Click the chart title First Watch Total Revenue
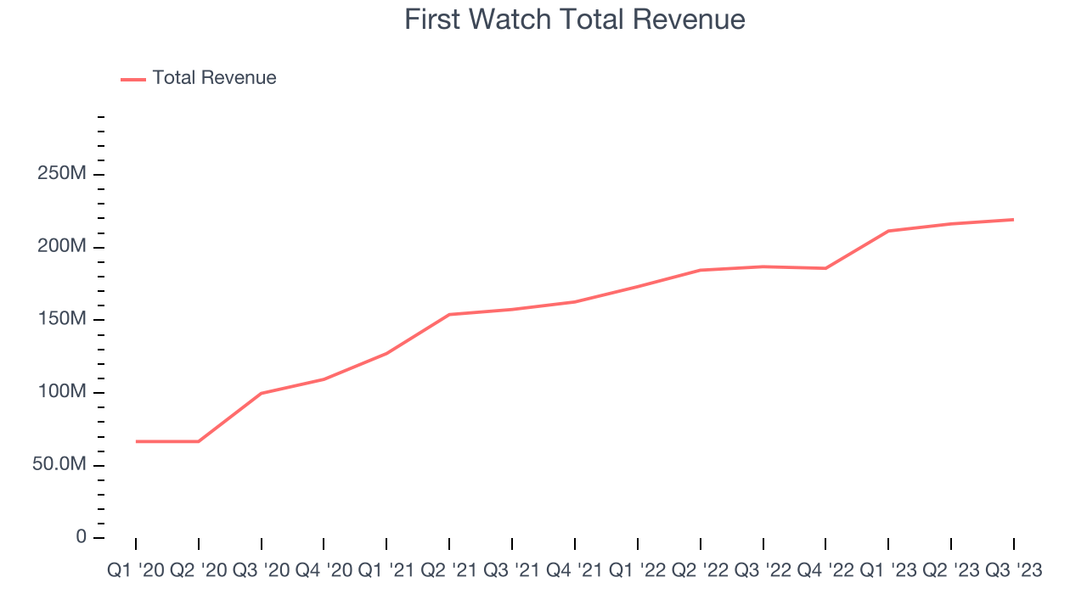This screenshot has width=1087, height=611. pyautogui.click(x=574, y=20)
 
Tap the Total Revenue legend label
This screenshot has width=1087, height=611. pyautogui.click(x=214, y=78)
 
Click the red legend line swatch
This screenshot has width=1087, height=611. pyautogui.click(x=133, y=79)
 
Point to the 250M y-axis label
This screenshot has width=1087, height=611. pyautogui.click(x=60, y=174)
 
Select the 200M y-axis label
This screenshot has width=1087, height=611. pyautogui.click(x=60, y=247)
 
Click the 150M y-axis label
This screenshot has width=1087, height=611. pyautogui.click(x=60, y=319)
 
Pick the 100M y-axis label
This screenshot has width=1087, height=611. pyautogui.click(x=60, y=392)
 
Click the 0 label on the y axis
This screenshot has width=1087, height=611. pyautogui.click(x=81, y=537)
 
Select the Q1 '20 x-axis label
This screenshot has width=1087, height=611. pyautogui.click(x=136, y=571)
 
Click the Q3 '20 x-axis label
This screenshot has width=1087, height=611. pyautogui.click(x=262, y=571)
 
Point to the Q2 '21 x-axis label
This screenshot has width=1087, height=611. pyautogui.click(x=449, y=571)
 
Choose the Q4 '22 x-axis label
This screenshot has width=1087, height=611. pyautogui.click(x=825, y=571)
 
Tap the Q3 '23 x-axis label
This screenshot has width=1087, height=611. pyautogui.click(x=1013, y=571)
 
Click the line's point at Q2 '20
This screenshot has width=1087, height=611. pyautogui.click(x=199, y=441)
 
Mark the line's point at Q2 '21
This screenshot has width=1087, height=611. pyautogui.click(x=449, y=315)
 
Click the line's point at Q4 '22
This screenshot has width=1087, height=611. pyautogui.click(x=825, y=268)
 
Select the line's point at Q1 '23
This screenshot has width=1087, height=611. pyautogui.click(x=888, y=231)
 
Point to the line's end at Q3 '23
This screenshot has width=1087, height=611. pyautogui.click(x=1013, y=220)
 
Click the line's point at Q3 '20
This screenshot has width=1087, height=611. pyautogui.click(x=262, y=393)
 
